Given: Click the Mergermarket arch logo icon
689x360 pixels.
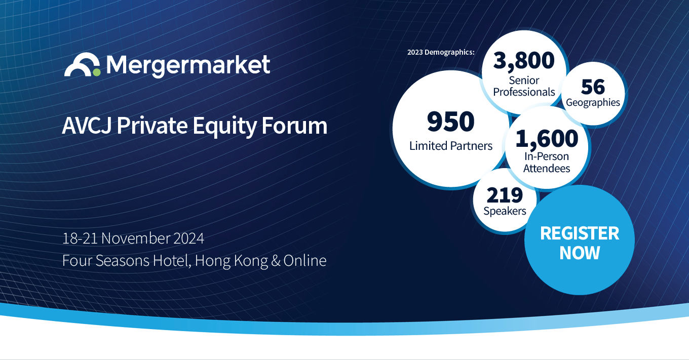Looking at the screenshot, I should point(81,64).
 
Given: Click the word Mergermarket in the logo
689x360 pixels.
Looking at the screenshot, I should point(188,65).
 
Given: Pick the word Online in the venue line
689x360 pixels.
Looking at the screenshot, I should point(305,261).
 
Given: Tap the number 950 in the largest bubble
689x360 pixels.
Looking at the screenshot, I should point(450,122).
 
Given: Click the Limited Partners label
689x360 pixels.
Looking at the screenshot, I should point(450,146).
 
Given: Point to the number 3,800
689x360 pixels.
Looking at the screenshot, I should point(524,61).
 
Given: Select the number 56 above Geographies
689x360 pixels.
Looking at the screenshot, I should point(593,87).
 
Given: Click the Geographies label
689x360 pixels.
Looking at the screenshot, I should point(593,102).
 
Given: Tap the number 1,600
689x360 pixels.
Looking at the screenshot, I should point(547,138).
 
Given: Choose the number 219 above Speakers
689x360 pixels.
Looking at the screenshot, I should point(505,195).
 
